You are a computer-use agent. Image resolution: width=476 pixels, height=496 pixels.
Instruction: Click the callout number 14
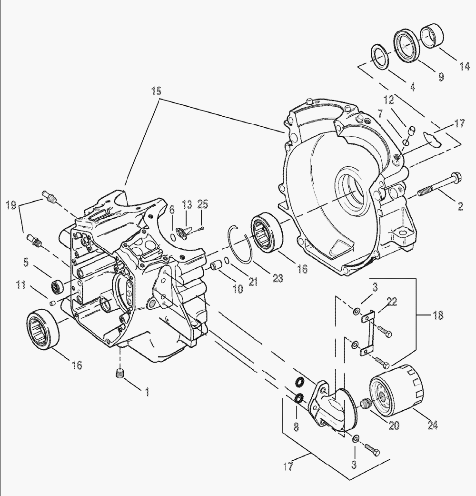(464, 67)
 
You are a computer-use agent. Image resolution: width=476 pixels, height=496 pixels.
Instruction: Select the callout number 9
(441, 77)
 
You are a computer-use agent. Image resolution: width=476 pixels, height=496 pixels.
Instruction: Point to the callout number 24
(432, 425)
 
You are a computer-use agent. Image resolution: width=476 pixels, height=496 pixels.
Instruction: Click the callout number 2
(460, 207)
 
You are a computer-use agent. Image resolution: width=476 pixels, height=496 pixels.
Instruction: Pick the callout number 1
(147, 392)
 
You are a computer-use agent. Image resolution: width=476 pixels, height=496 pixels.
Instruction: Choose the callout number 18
(438, 315)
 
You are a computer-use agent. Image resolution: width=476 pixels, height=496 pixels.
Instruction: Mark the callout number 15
(156, 91)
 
